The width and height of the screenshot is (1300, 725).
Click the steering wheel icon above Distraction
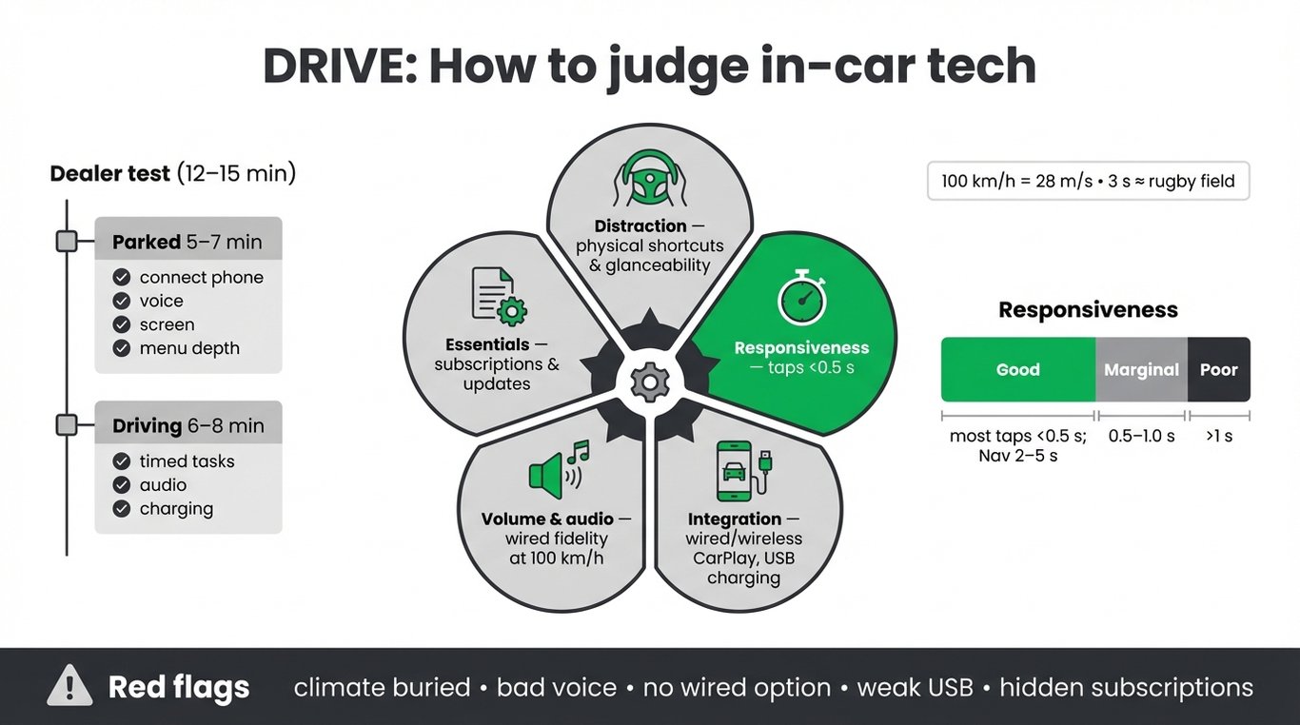[x=650, y=178]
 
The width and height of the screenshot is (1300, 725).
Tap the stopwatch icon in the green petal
[x=802, y=297]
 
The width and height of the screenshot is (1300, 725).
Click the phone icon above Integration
[x=743, y=471]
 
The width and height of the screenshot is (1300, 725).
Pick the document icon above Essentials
[x=500, y=296]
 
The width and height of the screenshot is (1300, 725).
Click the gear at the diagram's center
[x=650, y=382]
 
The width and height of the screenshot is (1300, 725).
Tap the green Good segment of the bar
[x=1018, y=369]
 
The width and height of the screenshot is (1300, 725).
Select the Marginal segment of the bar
[x=1142, y=369]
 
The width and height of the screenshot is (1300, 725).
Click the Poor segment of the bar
[x=1219, y=369]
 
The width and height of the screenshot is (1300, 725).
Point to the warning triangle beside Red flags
[x=69, y=686]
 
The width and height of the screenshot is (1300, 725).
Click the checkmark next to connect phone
[x=121, y=277]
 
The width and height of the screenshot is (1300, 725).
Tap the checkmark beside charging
[x=121, y=509]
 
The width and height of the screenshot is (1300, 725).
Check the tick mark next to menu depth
[x=121, y=348]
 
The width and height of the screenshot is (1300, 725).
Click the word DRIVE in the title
[x=341, y=66]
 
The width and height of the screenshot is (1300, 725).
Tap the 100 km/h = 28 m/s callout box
[x=1088, y=181]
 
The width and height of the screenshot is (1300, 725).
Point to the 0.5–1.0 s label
[x=1142, y=436]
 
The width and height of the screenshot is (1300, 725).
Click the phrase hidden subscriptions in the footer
[x=1127, y=688]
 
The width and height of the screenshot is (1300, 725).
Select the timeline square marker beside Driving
[x=67, y=425]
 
